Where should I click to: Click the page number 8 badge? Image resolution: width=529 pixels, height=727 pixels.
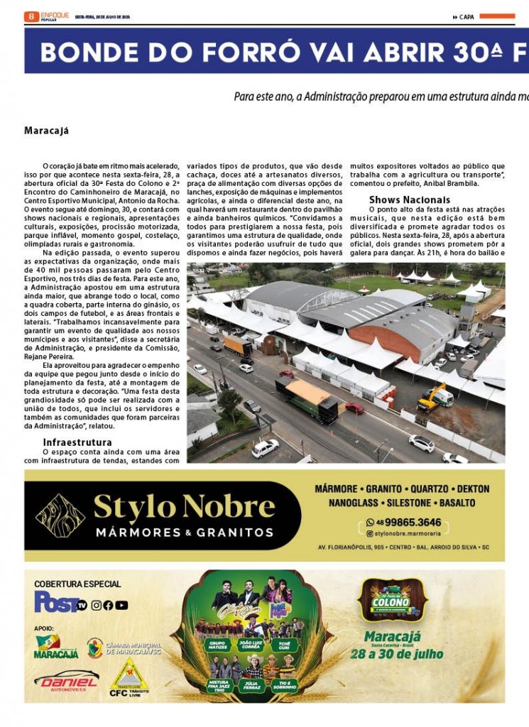coord(31,16)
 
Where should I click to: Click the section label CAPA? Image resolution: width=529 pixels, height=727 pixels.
coord(467,17)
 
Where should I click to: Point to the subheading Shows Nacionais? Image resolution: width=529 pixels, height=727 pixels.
coord(409,199)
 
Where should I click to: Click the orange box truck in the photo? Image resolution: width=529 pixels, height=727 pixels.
coord(237,346)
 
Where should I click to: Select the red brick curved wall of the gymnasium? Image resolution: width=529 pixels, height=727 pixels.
coord(387,341)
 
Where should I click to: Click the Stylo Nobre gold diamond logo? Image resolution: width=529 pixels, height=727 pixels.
coord(60,515)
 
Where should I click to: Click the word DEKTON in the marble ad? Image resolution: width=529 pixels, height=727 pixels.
coord(474,489)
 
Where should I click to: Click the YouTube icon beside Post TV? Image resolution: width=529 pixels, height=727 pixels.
coord(121,606)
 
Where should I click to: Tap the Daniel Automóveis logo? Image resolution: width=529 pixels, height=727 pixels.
coord(65,681)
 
